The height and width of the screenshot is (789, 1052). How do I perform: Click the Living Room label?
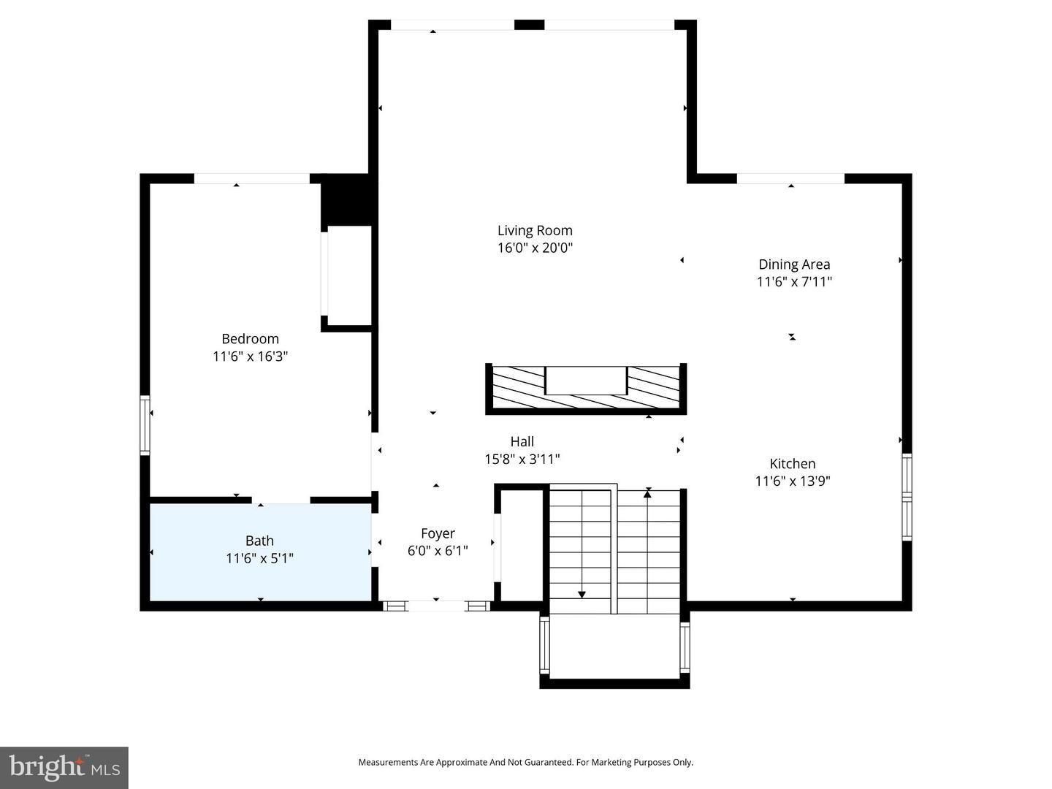(535, 230)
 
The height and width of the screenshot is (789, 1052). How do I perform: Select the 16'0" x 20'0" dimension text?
(535, 248)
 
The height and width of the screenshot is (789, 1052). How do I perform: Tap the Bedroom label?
(250, 339)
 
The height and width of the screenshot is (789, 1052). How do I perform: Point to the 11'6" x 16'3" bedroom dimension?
(250, 357)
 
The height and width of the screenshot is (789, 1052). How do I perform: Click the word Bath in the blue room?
(259, 541)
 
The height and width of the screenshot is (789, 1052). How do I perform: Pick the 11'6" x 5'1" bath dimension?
(259, 558)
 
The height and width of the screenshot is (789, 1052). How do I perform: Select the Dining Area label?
(794, 264)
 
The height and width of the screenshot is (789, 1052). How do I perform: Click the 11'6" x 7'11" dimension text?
(794, 282)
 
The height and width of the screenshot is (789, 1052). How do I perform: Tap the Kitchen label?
(793, 463)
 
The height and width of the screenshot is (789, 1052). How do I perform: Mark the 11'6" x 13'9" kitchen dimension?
(793, 481)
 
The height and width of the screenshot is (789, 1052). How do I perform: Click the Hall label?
(522, 441)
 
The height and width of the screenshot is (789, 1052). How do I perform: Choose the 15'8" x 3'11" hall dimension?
(522, 459)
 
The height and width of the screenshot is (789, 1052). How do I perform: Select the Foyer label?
(438, 533)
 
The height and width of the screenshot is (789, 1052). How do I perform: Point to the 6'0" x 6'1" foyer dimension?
(438, 551)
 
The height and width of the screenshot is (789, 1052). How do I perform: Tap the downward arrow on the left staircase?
(582, 593)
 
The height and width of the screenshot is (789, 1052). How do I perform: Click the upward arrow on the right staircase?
(647, 495)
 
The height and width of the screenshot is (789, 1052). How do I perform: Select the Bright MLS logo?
(64, 767)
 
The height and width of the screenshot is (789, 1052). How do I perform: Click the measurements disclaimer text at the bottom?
(525, 762)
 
